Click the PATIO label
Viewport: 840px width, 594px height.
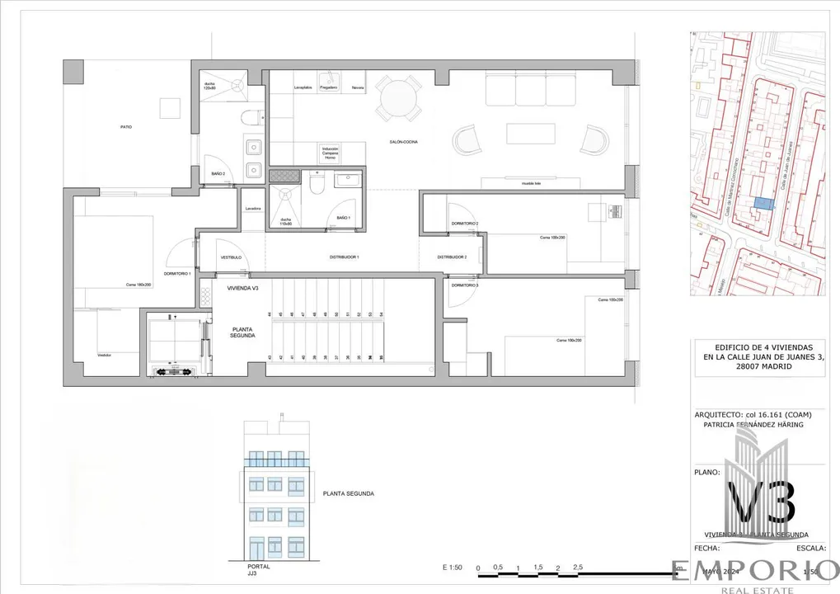(125, 127)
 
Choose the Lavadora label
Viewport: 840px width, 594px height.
(253, 209)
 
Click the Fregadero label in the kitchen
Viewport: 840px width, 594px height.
(328, 87)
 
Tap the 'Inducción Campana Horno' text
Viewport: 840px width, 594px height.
(330, 153)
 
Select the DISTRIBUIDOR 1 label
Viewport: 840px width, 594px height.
(345, 257)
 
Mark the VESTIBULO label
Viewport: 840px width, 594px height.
(231, 257)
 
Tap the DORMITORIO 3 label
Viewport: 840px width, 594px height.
(465, 285)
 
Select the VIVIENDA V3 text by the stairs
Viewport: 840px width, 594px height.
(243, 288)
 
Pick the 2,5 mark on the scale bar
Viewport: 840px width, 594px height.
(578, 567)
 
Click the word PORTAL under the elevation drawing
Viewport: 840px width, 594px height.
(258, 567)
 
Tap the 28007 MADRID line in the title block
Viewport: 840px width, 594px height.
(763, 366)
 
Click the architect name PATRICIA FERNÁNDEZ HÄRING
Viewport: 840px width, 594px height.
(752, 425)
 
